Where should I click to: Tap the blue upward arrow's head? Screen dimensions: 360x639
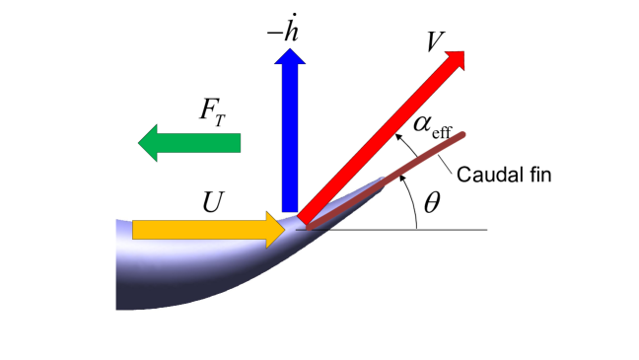(291, 67)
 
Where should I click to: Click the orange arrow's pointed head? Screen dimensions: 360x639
(275, 230)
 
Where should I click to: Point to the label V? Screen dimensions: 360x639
(433, 41)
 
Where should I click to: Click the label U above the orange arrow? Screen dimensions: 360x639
(212, 199)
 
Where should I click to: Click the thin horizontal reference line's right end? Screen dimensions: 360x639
(486, 230)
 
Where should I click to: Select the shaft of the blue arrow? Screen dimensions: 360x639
(291, 148)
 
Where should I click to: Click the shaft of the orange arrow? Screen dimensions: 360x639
(197, 230)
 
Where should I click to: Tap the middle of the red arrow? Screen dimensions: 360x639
(380, 137)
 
